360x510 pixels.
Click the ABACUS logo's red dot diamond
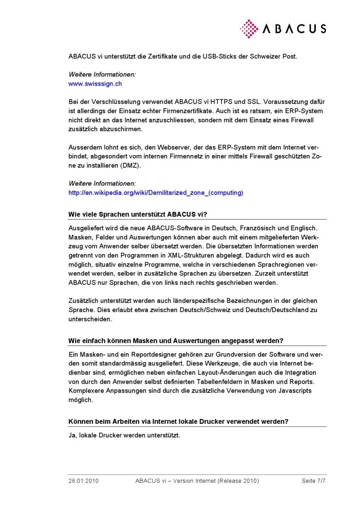[x=249, y=29]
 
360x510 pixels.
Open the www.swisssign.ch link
[x=95, y=84]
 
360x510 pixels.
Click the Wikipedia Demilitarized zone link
[x=156, y=193]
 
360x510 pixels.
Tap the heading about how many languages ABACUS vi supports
[x=138, y=215]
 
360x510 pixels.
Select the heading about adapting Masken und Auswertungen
[x=176, y=341]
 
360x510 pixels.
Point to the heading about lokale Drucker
[x=178, y=422]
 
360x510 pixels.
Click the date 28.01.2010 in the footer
[x=84, y=481]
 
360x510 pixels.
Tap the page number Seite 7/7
[x=313, y=481]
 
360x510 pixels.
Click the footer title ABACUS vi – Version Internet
[x=197, y=481]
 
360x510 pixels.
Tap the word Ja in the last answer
[x=72, y=435]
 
